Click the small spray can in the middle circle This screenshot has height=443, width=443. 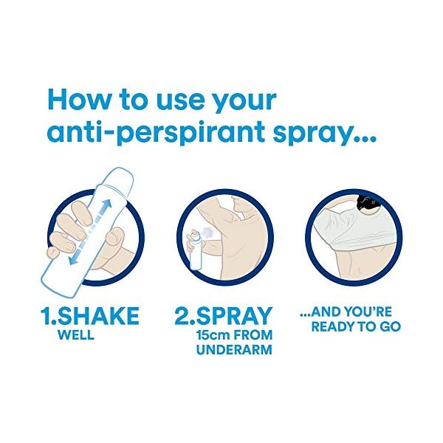click(194, 247)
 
